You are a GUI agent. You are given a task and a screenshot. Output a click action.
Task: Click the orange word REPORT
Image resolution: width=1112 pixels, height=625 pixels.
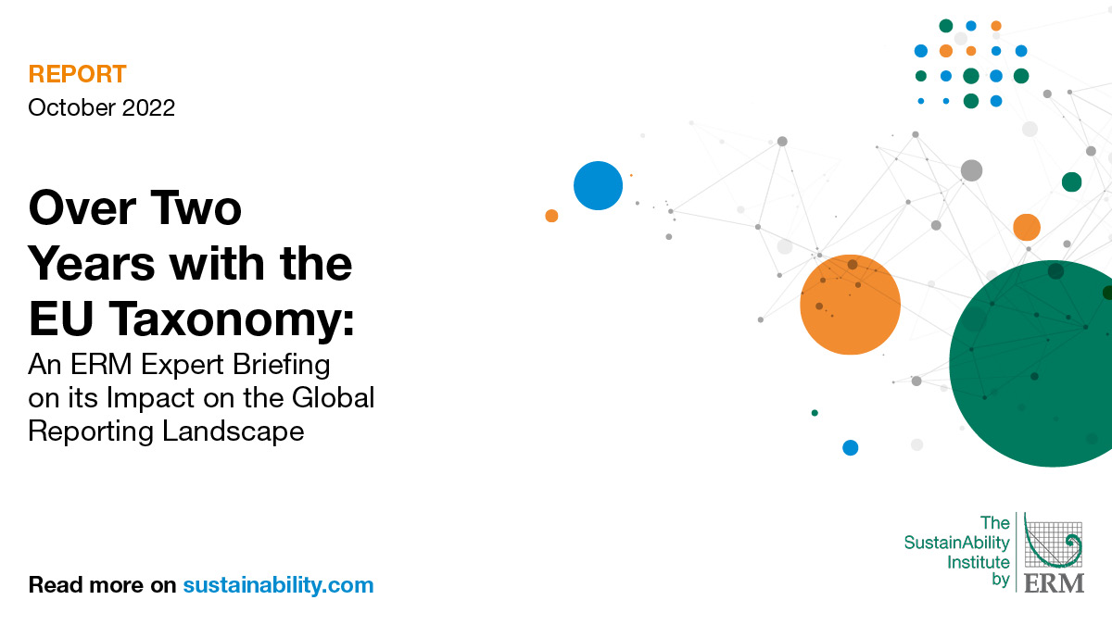[x=77, y=75]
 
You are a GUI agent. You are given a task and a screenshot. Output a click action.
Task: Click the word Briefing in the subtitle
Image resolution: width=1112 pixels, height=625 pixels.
[x=279, y=365]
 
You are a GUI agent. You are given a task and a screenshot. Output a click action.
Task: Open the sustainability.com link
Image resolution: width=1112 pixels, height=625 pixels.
[x=278, y=585]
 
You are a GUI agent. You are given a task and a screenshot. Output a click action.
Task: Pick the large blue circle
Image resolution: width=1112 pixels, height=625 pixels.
[x=598, y=185]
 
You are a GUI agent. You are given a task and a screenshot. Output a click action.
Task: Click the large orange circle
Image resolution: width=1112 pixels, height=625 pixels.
[x=850, y=305]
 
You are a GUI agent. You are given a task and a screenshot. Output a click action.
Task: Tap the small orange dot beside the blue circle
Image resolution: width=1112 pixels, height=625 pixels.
[x=551, y=216]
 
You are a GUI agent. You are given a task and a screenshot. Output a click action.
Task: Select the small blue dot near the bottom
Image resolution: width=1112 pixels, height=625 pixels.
[x=850, y=448]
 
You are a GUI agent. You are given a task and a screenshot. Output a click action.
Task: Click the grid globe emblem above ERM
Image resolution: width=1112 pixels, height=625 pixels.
[x=1054, y=543]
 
